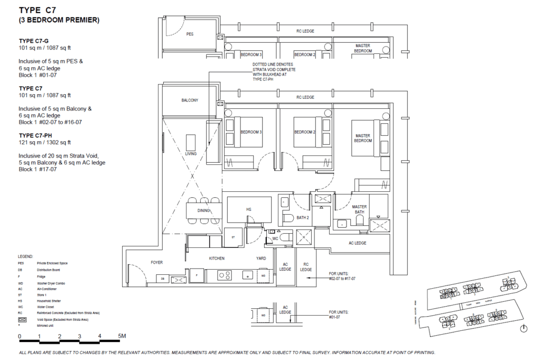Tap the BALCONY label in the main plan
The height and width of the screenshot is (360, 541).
[x=190, y=100]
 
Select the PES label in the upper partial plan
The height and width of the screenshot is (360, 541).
[x=190, y=34]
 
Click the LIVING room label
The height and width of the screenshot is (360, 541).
[x=191, y=154]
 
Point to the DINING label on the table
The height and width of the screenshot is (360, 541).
[x=204, y=210]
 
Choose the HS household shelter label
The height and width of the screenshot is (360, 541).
[x=248, y=210]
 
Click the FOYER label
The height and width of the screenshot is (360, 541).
[x=157, y=262]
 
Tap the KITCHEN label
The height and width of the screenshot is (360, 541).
[x=217, y=259]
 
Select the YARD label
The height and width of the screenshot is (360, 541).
[x=261, y=259]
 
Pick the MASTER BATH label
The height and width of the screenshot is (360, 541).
[x=359, y=210]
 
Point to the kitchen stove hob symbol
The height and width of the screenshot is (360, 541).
[x=224, y=275]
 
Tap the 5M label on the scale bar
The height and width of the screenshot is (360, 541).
[x=122, y=336]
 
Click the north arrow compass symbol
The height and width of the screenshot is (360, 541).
[x=523, y=329]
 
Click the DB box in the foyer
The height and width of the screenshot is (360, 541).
[x=163, y=279]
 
